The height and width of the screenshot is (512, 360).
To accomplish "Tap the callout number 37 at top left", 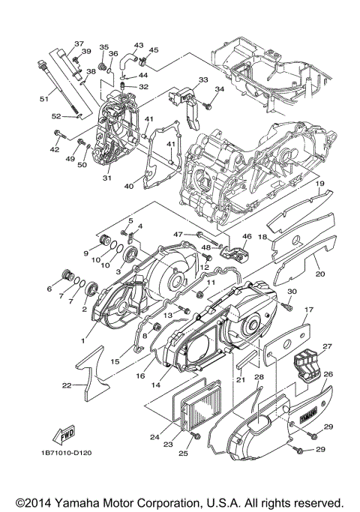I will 79,43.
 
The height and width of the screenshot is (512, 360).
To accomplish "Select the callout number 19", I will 319,184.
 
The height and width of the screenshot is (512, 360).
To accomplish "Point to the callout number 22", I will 67,385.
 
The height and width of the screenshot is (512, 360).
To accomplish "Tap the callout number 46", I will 244,237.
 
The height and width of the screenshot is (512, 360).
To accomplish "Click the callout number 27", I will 326,346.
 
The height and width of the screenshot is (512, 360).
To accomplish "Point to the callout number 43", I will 138,45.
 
